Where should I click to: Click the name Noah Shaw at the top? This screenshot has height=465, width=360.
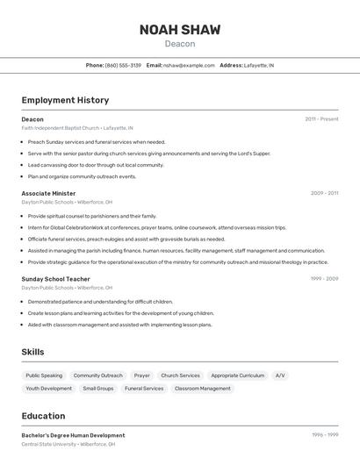pyautogui.click(x=180, y=30)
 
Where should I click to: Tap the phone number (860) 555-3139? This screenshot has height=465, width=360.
pyautogui.click(x=123, y=65)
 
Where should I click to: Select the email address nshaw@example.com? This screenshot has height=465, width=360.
pyautogui.click(x=189, y=65)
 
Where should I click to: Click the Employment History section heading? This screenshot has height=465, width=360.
pyautogui.click(x=65, y=100)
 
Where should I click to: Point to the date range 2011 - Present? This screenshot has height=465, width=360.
pyautogui.click(x=321, y=118)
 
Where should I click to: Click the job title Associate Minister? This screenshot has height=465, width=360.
pyautogui.click(x=48, y=193)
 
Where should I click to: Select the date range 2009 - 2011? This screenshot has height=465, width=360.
pyautogui.click(x=324, y=193)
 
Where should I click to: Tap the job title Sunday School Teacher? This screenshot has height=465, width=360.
pyautogui.click(x=55, y=279)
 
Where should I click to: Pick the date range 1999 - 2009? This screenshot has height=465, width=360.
pyautogui.click(x=324, y=279)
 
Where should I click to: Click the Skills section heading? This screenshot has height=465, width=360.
pyautogui.click(x=33, y=352)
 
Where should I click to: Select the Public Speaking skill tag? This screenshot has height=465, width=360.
pyautogui.click(x=44, y=376)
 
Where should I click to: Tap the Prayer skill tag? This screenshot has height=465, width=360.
pyautogui.click(x=141, y=376)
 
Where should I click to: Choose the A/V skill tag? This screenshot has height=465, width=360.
pyautogui.click(x=280, y=376)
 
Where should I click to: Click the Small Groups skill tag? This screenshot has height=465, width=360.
pyautogui.click(x=98, y=388)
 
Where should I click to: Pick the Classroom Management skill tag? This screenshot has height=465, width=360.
pyautogui.click(x=202, y=388)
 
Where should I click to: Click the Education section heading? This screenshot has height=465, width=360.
pyautogui.click(x=43, y=416)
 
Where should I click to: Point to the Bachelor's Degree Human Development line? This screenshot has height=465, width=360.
pyautogui.click(x=73, y=435)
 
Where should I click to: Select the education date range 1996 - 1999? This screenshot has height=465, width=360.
pyautogui.click(x=324, y=435)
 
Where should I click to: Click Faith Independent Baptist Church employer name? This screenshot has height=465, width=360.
pyautogui.click(x=61, y=128)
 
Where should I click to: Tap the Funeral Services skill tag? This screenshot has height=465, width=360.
pyautogui.click(x=144, y=388)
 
